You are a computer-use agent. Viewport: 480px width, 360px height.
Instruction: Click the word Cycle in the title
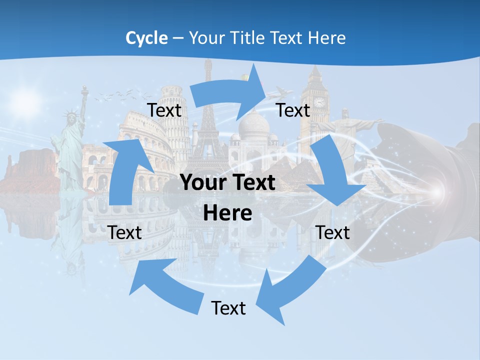click(146, 38)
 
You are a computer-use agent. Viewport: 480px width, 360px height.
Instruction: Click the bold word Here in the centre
click(227, 213)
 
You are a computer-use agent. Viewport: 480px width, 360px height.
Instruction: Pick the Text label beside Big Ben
click(293, 110)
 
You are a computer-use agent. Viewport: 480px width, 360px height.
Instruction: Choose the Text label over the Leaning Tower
click(164, 110)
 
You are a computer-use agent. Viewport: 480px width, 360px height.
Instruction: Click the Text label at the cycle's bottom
click(228, 308)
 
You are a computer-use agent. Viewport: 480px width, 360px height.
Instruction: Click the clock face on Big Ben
click(319, 102)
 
